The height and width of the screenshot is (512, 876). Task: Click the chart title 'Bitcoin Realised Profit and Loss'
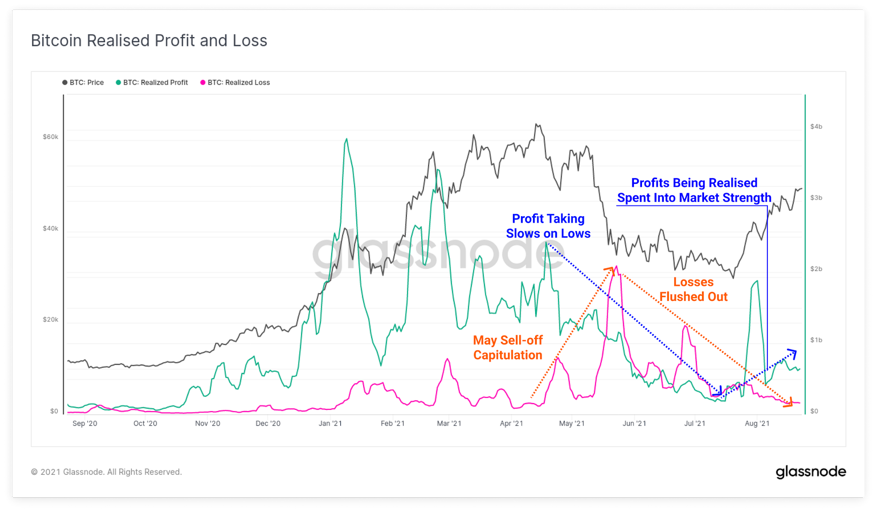pyautogui.click(x=149, y=41)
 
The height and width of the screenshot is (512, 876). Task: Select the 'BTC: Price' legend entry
pyautogui.click(x=83, y=82)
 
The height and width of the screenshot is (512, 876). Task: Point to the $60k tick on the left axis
pyautogui.click(x=50, y=137)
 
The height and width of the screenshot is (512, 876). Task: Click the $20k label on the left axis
pyautogui.click(x=50, y=320)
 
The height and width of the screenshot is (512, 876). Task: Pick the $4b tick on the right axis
pyautogui.click(x=816, y=127)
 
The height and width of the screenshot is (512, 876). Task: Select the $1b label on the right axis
pyautogui.click(x=816, y=340)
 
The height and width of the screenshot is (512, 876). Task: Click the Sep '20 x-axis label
pyautogui.click(x=85, y=424)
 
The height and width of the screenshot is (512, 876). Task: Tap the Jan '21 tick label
pyautogui.click(x=330, y=424)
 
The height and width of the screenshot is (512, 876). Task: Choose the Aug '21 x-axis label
pyautogui.click(x=757, y=424)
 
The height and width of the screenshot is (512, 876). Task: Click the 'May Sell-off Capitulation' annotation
pyautogui.click(x=508, y=347)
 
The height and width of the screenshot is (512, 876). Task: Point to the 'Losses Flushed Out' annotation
pyautogui.click(x=693, y=289)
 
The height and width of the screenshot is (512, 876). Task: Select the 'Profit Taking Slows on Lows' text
pyautogui.click(x=548, y=226)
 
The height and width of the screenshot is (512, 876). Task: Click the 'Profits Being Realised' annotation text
pyautogui.click(x=694, y=183)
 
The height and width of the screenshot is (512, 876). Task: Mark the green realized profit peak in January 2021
pyautogui.click(x=346, y=139)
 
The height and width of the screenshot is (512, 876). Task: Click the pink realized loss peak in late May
pyautogui.click(x=616, y=268)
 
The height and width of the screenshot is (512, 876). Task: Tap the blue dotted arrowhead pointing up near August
pyautogui.click(x=793, y=353)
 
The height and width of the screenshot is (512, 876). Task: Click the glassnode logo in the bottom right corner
pyautogui.click(x=811, y=472)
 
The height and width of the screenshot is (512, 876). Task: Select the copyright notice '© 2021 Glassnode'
pyautogui.click(x=107, y=472)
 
